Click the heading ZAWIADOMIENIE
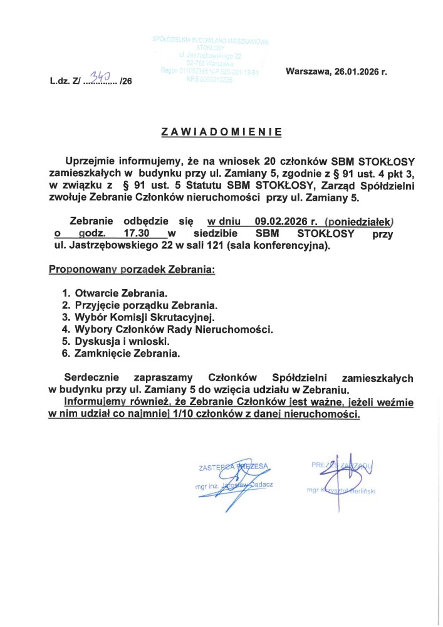point(221,132)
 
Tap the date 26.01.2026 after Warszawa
point(357,71)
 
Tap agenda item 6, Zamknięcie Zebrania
point(127,354)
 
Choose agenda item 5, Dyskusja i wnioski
point(122,342)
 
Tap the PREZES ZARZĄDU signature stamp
point(342,475)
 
